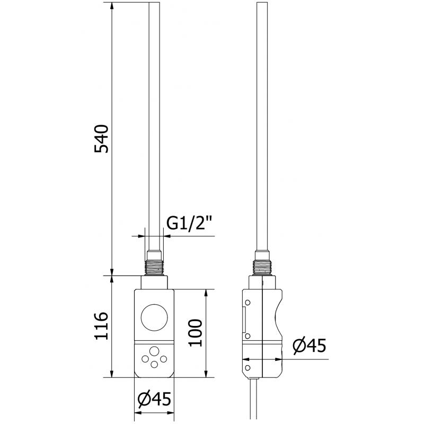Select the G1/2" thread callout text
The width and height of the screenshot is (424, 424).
190,224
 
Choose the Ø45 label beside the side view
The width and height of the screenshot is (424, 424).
309,346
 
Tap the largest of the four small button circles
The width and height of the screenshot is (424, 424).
154,351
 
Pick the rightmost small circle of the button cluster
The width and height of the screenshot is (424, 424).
164,359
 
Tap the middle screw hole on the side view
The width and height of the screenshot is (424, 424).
246,336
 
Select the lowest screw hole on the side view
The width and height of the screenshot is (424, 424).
246,366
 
